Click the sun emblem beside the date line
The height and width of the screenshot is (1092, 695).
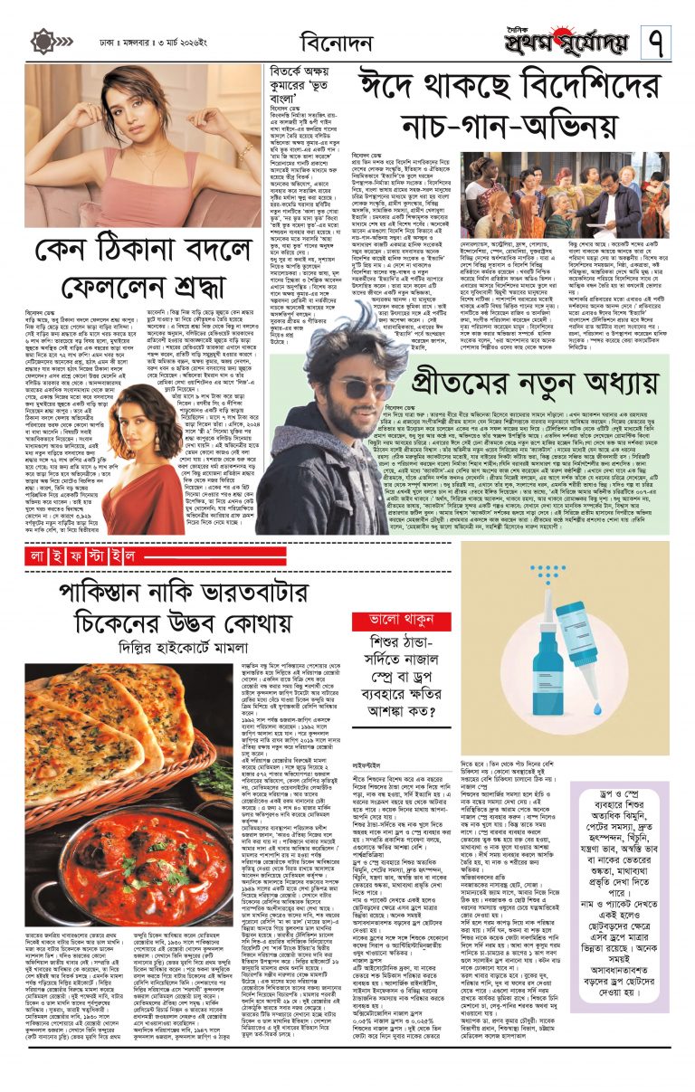(x=43, y=42)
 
